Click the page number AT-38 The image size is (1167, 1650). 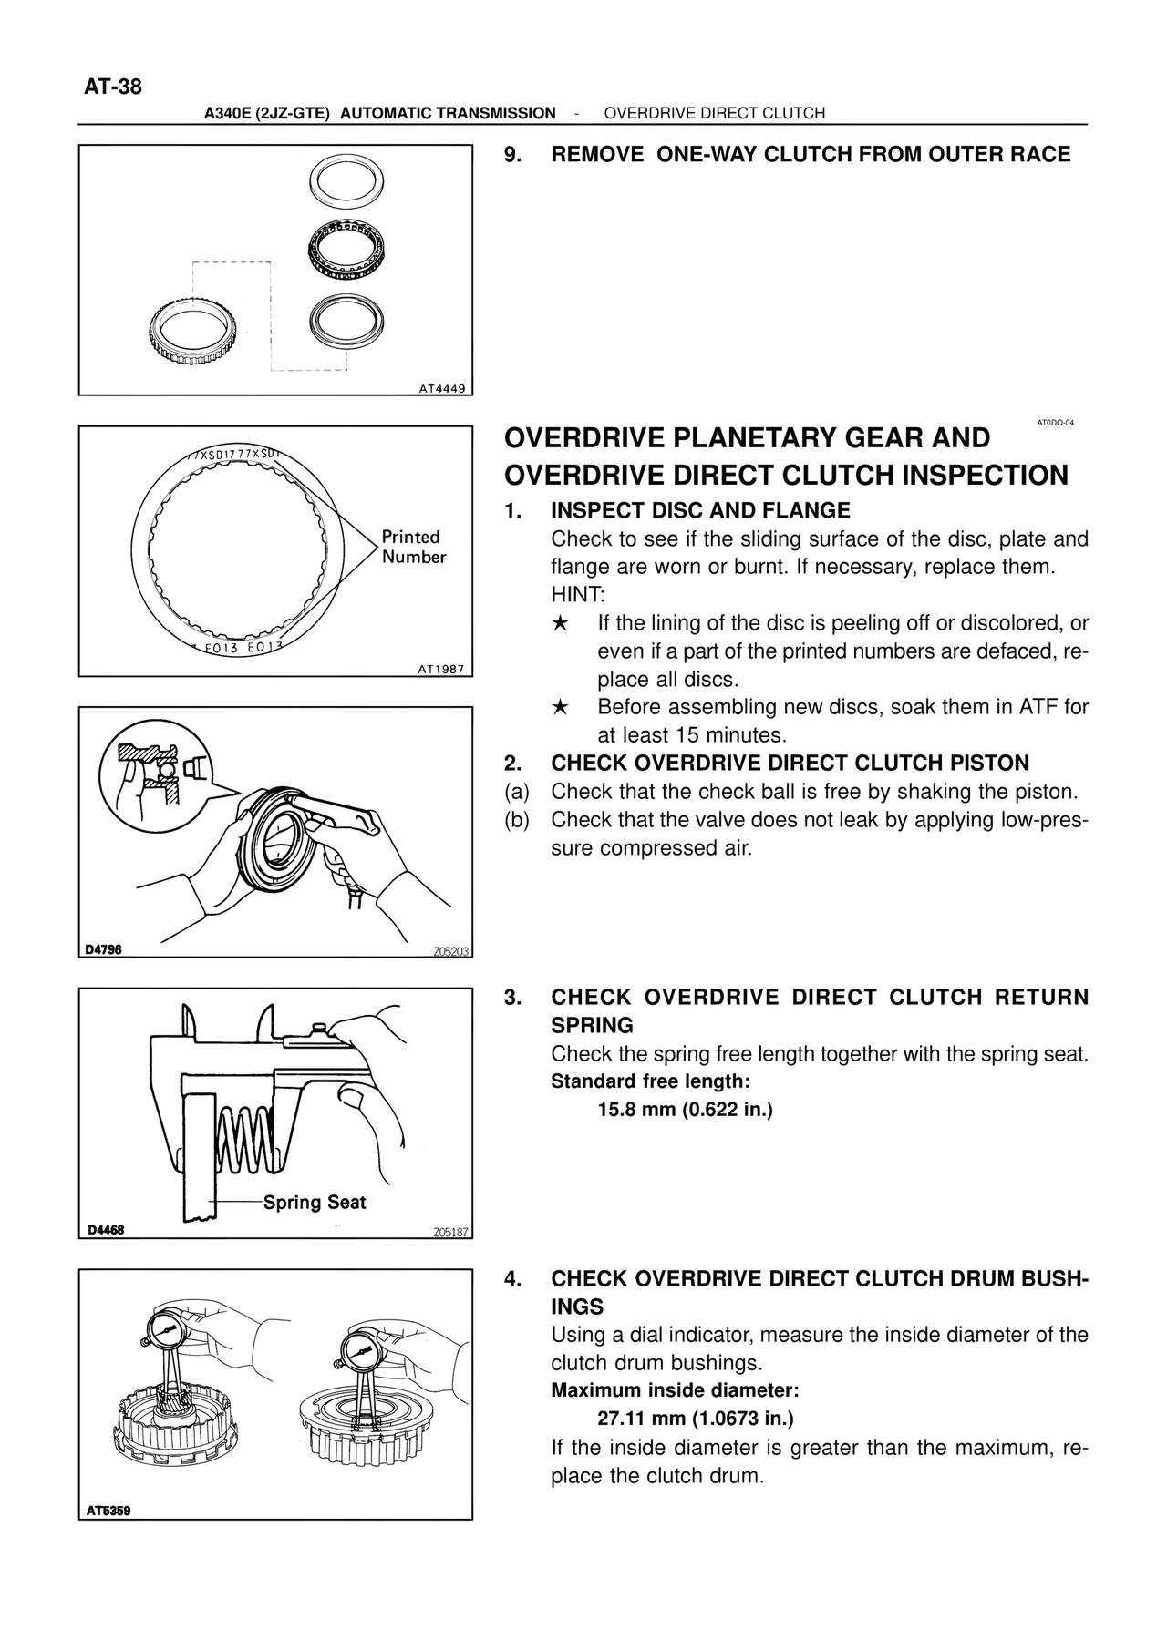[113, 87]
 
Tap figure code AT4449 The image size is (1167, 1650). [441, 388]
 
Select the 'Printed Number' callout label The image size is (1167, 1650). [413, 547]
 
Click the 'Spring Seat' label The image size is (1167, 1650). [315, 1203]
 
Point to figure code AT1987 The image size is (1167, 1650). [441, 669]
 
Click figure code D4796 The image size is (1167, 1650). [103, 949]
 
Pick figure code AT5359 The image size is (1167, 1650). [109, 1511]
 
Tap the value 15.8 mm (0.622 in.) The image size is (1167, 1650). [685, 1110]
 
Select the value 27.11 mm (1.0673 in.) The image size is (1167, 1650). [696, 1419]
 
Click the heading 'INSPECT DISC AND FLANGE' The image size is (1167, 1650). [700, 510]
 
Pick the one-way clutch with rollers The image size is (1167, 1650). [346, 248]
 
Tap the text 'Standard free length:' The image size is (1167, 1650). [650, 1081]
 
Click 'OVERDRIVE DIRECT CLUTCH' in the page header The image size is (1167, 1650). [714, 113]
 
